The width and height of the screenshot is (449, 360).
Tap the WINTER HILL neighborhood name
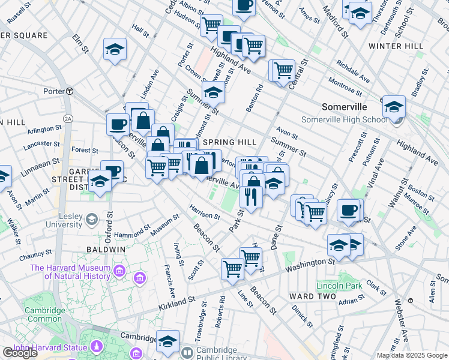coord(396,46)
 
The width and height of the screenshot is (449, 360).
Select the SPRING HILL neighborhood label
coord(229,142)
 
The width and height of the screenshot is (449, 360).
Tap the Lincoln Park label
coord(340,286)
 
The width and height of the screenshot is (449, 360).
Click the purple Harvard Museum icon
coord(121,272)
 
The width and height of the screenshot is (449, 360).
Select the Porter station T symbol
coord(70,91)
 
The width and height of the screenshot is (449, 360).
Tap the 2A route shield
coord(68,119)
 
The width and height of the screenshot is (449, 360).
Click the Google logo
coord(19,353)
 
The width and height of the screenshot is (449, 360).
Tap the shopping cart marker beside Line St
coord(232,269)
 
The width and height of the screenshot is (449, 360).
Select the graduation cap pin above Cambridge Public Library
coord(167,340)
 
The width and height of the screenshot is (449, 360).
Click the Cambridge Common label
coord(44,314)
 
